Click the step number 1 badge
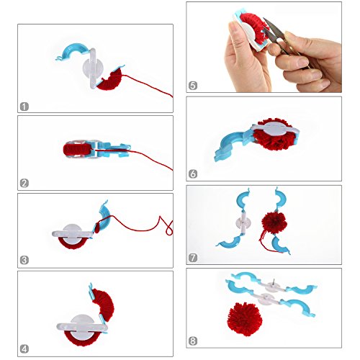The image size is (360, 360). tap(24, 107)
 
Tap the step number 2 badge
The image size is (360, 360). tap(24, 184)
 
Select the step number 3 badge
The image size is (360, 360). tap(24, 260)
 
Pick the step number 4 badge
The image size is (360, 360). tap(24, 349)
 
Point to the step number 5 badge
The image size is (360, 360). tap(193, 86)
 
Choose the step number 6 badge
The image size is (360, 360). tap(193, 174)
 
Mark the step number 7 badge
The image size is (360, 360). tap(193, 258)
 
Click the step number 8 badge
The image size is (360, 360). tap(193, 341)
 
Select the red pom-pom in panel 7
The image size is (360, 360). tap(274, 221)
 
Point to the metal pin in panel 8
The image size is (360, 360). tap(274, 282)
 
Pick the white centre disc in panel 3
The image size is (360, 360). tap(72, 232)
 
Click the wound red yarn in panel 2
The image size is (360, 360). tap(77, 149)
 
